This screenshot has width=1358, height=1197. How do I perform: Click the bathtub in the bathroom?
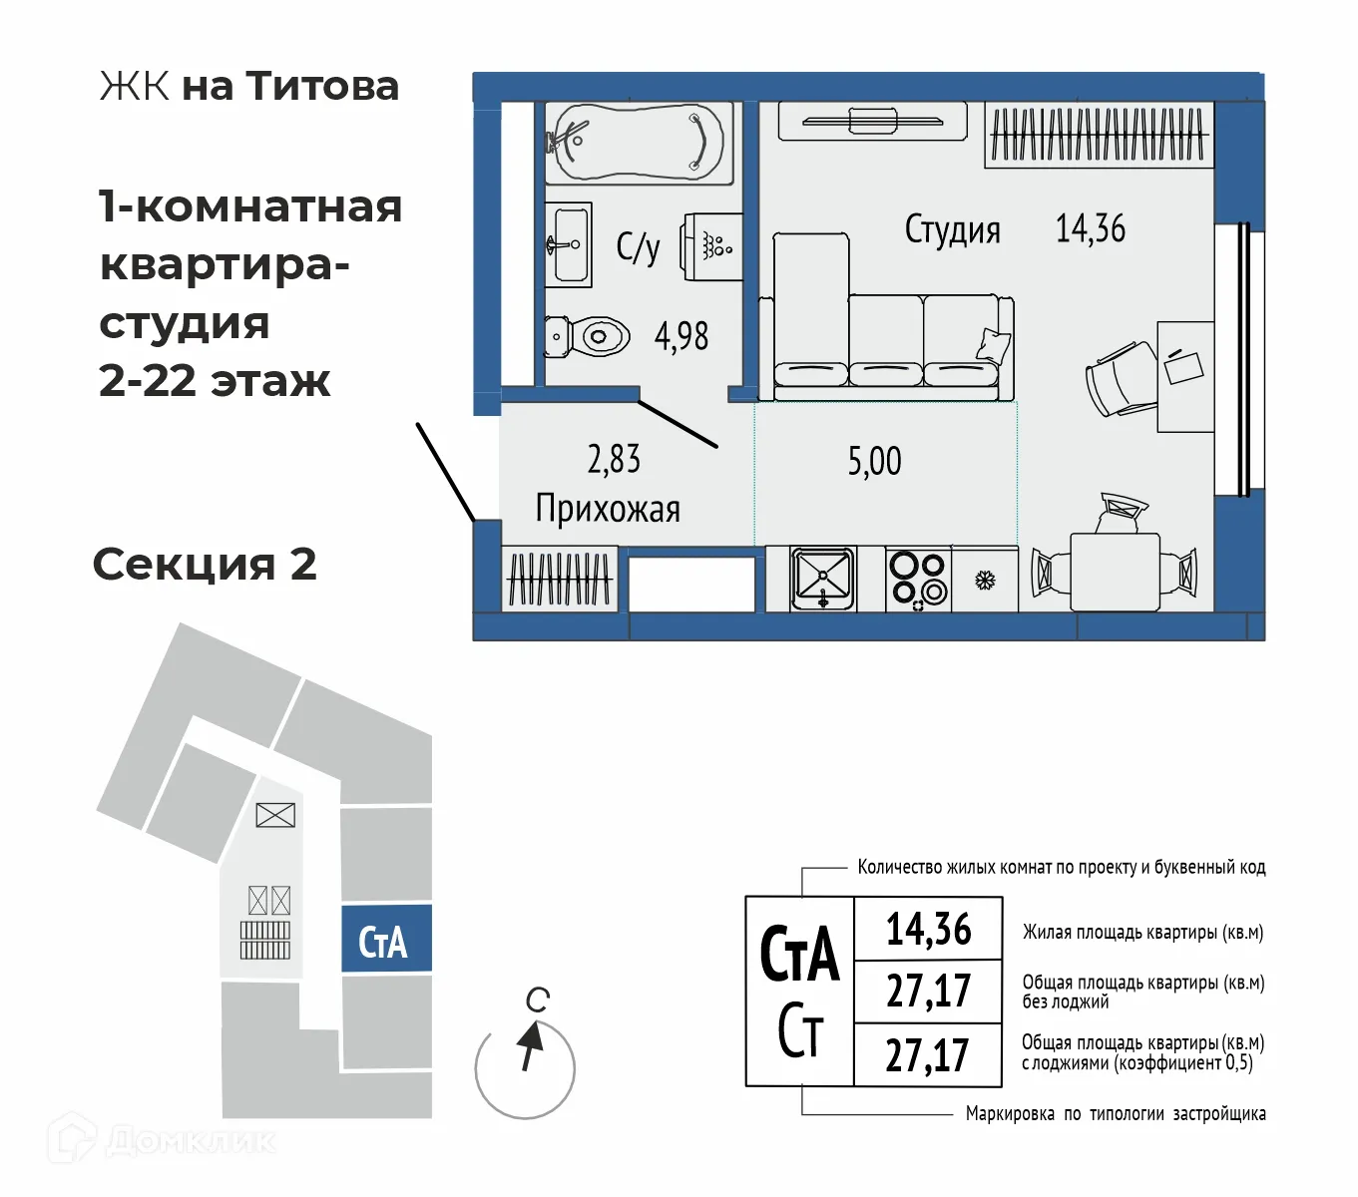(x=639, y=143)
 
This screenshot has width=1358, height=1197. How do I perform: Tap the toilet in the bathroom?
(x=589, y=336)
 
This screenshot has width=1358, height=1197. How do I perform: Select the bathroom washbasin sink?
(x=568, y=243)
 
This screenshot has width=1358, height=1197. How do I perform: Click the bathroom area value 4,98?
(x=681, y=336)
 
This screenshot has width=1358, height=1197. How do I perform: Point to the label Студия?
(x=952, y=229)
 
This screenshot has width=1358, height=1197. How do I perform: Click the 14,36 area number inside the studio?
(x=1090, y=228)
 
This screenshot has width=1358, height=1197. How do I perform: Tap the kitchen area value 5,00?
(x=874, y=461)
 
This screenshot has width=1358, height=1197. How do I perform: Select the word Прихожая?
(x=608, y=509)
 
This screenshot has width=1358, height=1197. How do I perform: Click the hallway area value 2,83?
(x=614, y=459)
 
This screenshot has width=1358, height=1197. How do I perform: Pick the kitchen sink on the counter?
(x=822, y=578)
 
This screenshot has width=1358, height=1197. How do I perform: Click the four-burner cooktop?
(x=918, y=578)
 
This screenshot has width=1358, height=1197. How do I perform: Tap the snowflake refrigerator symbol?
(x=985, y=579)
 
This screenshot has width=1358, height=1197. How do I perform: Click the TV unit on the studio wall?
(x=872, y=122)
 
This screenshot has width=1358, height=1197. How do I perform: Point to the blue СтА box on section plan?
(x=385, y=940)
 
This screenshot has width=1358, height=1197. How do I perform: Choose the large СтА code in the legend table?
(x=799, y=954)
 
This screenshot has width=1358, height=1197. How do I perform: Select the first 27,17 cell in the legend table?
(x=928, y=992)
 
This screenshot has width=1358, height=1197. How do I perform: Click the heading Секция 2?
(x=205, y=565)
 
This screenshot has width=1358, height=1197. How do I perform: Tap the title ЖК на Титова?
(x=249, y=86)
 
